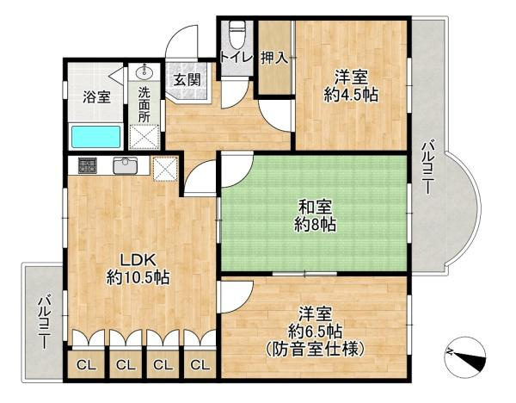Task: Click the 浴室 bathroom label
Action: pos(96,96)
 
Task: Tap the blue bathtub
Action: pos(96,137)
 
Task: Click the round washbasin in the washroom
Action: pos(144,72)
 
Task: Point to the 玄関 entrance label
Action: pos(185,80)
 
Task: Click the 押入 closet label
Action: pos(274,59)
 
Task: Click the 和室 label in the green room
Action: pos(311,207)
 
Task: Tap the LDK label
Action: pos(137,259)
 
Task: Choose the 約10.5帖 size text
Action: pos(138,277)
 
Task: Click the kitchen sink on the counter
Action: pos(126,165)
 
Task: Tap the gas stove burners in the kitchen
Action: pos(87,165)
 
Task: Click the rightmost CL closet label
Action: pos(200,365)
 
